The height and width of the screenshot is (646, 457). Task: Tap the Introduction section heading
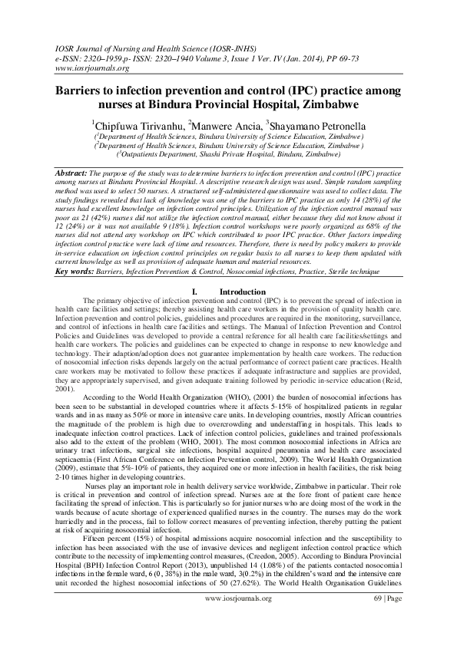click(x=243, y=269)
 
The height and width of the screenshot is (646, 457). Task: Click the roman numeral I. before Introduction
click(x=197, y=269)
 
